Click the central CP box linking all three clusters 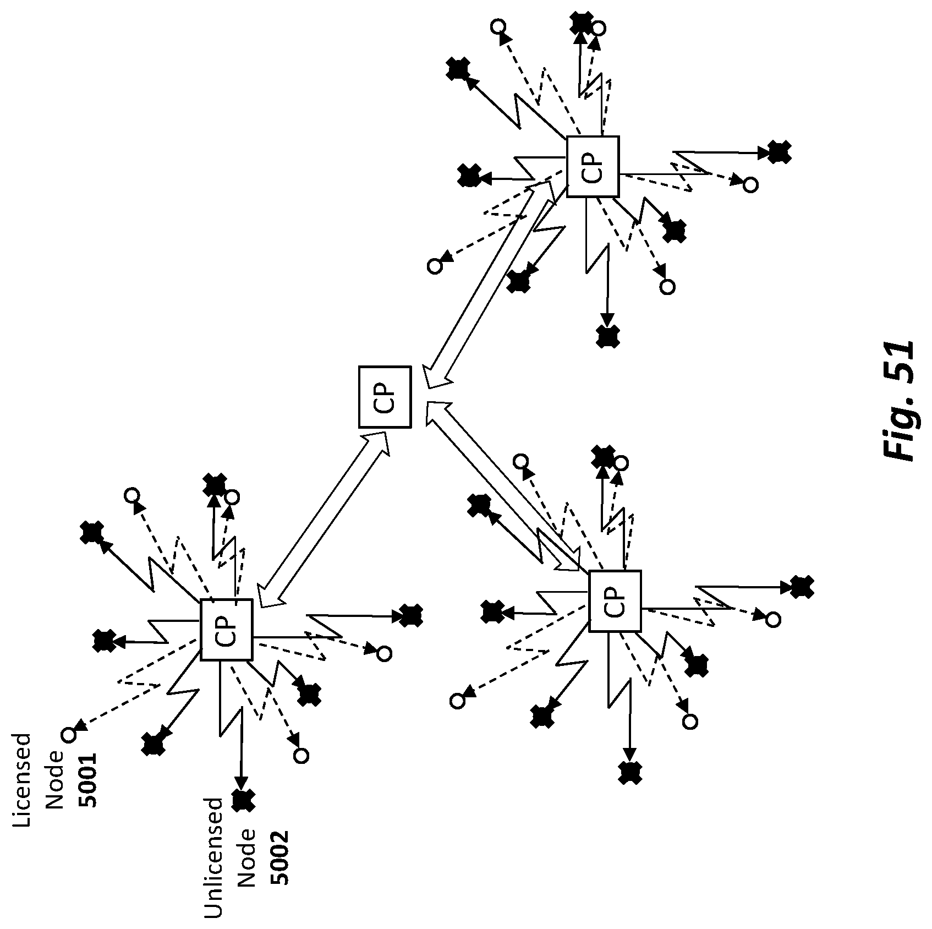click(385, 397)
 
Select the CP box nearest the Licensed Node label click(226, 629)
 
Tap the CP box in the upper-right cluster click(593, 166)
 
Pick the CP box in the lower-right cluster click(615, 601)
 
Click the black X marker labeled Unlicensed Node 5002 click(243, 800)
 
